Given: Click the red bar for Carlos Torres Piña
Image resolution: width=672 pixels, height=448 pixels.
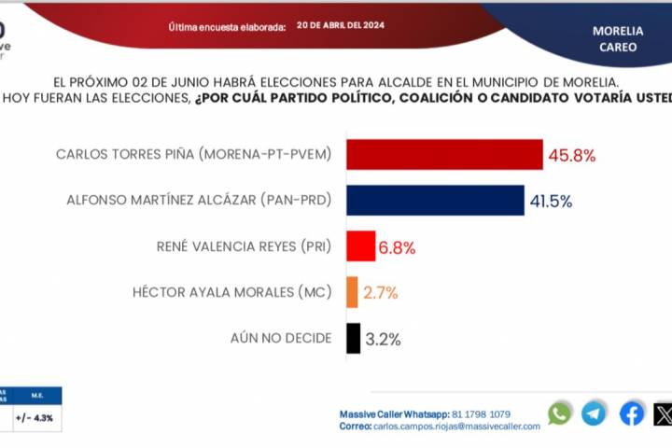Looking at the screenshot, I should coord(444,154).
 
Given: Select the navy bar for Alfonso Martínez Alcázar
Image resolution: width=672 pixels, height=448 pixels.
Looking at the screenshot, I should coord(435,200).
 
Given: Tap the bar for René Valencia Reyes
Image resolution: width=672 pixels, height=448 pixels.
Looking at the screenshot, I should coord(360,246).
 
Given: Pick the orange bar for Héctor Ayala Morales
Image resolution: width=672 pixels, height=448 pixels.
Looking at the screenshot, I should coord(352,292).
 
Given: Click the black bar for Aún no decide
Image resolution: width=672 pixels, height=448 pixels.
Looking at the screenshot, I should coord(353,338).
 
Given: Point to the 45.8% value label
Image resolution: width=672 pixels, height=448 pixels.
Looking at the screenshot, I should coord(572,154).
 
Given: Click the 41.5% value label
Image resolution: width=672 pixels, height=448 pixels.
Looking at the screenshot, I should coord(553,200).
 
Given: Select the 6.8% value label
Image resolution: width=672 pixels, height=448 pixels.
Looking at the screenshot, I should coord(397,247).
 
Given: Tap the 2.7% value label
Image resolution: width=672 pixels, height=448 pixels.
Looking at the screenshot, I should coord(380,293).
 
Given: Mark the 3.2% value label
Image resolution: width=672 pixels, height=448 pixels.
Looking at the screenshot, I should coord(382,339).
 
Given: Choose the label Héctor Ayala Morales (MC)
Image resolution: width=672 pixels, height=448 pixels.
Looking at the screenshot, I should coord(232,292).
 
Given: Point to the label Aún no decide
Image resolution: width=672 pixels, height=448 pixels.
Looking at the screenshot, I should coord(280,338).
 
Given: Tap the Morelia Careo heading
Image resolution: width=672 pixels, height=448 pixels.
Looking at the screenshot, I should coord(618,37).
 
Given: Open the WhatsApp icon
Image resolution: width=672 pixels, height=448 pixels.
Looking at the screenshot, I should coord(559,413).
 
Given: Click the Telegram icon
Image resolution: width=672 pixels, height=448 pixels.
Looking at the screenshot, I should coord(594,413).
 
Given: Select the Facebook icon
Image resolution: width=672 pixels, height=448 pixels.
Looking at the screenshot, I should coord(631,413).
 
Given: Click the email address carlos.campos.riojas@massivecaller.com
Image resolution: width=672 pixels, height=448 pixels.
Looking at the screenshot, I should coord(455,426).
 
